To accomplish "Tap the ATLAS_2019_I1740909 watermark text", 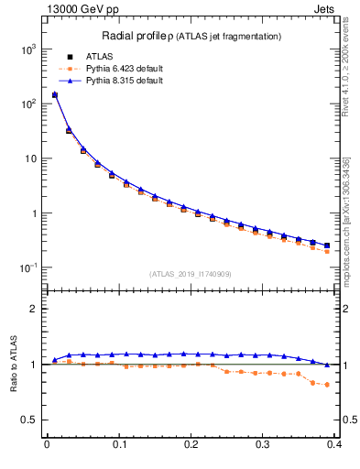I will (x=191, y=274).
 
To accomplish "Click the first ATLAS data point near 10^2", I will (x=54, y=94).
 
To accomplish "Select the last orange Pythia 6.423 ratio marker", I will (x=327, y=385).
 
